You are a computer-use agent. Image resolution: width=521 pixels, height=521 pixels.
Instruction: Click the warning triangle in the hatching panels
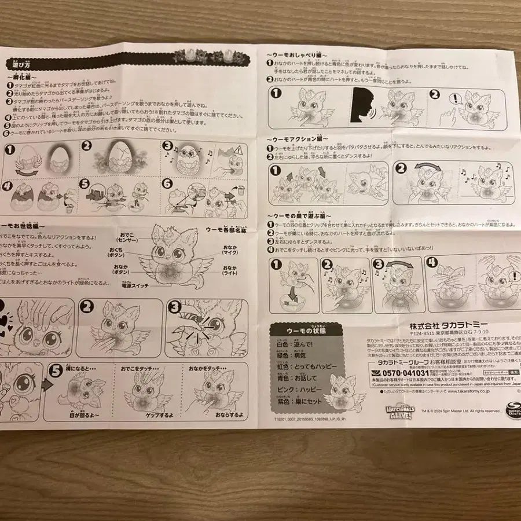click(237, 152)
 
